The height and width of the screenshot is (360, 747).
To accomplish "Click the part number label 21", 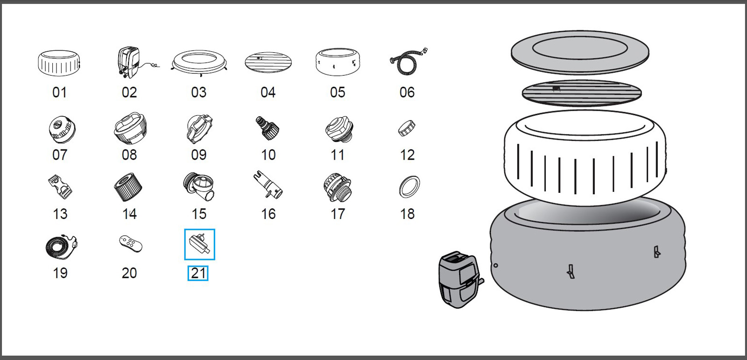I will click(x=198, y=273).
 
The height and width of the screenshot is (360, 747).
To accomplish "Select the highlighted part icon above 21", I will click(x=199, y=244).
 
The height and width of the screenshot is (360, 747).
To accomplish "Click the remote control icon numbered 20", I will click(x=130, y=244).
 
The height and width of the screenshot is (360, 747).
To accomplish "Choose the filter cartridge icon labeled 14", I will click(x=128, y=187).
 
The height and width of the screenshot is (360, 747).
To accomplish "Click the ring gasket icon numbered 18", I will click(x=409, y=187).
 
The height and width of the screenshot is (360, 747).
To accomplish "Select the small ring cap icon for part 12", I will click(x=406, y=128).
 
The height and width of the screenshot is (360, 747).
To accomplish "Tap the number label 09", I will click(x=198, y=155).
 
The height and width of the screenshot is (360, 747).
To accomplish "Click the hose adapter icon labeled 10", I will click(x=268, y=128).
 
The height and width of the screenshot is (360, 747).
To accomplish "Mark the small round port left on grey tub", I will click(x=495, y=266).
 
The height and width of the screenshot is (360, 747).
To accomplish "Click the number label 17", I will click(x=337, y=214).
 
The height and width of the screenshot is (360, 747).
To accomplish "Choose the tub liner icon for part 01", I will click(x=59, y=64).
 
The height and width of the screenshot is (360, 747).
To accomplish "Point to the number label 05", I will click(x=337, y=92).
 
